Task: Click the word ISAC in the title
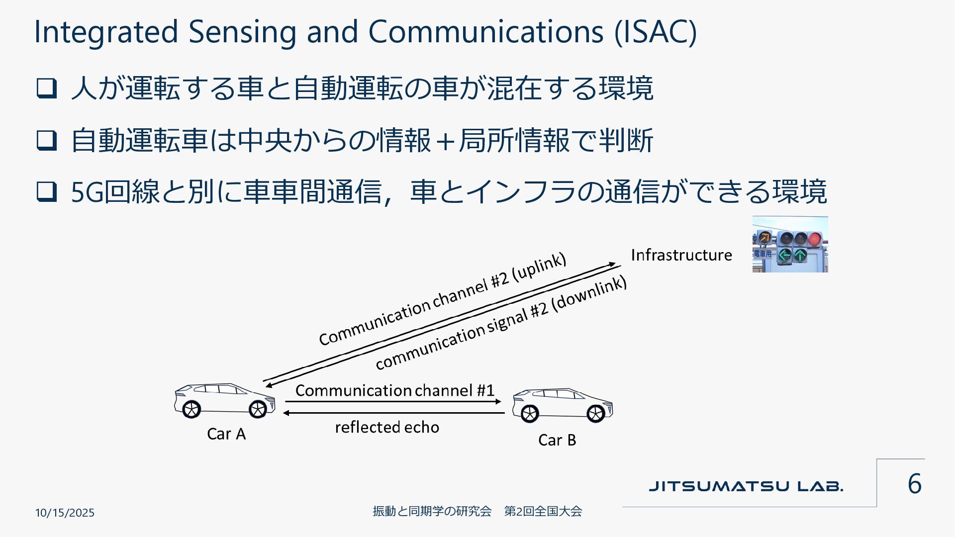(x=656, y=32)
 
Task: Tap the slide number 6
(x=914, y=484)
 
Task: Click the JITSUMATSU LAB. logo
(x=746, y=486)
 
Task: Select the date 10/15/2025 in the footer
(x=65, y=513)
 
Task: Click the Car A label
(x=226, y=434)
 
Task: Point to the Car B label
(x=557, y=440)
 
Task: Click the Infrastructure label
(x=681, y=255)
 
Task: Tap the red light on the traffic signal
(x=814, y=239)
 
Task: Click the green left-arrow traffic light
(x=784, y=256)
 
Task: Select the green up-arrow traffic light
(x=800, y=256)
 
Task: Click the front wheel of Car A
(x=258, y=409)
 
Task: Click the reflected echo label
(x=387, y=427)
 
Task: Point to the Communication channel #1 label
(x=395, y=390)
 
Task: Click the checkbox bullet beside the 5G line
(x=46, y=191)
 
